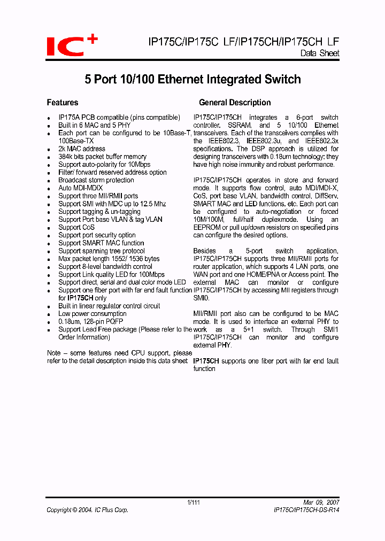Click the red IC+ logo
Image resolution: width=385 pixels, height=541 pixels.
[x=72, y=44]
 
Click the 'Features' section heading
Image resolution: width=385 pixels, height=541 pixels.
[x=63, y=102]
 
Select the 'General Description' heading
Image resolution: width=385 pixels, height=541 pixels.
[x=235, y=102]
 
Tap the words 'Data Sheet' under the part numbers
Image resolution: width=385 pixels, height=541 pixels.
[x=320, y=53]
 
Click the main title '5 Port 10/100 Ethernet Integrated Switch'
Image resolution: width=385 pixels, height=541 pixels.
[x=192, y=80]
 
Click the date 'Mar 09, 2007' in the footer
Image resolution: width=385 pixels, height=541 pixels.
[x=321, y=503]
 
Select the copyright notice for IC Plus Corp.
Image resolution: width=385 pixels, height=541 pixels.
[x=87, y=510]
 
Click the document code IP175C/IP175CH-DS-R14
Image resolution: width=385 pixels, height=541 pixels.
[x=303, y=510]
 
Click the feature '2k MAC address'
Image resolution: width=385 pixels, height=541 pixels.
[x=82, y=149]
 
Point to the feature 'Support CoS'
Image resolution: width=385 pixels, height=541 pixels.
[x=76, y=227]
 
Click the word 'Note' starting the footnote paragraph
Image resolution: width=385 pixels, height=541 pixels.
[x=53, y=353]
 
